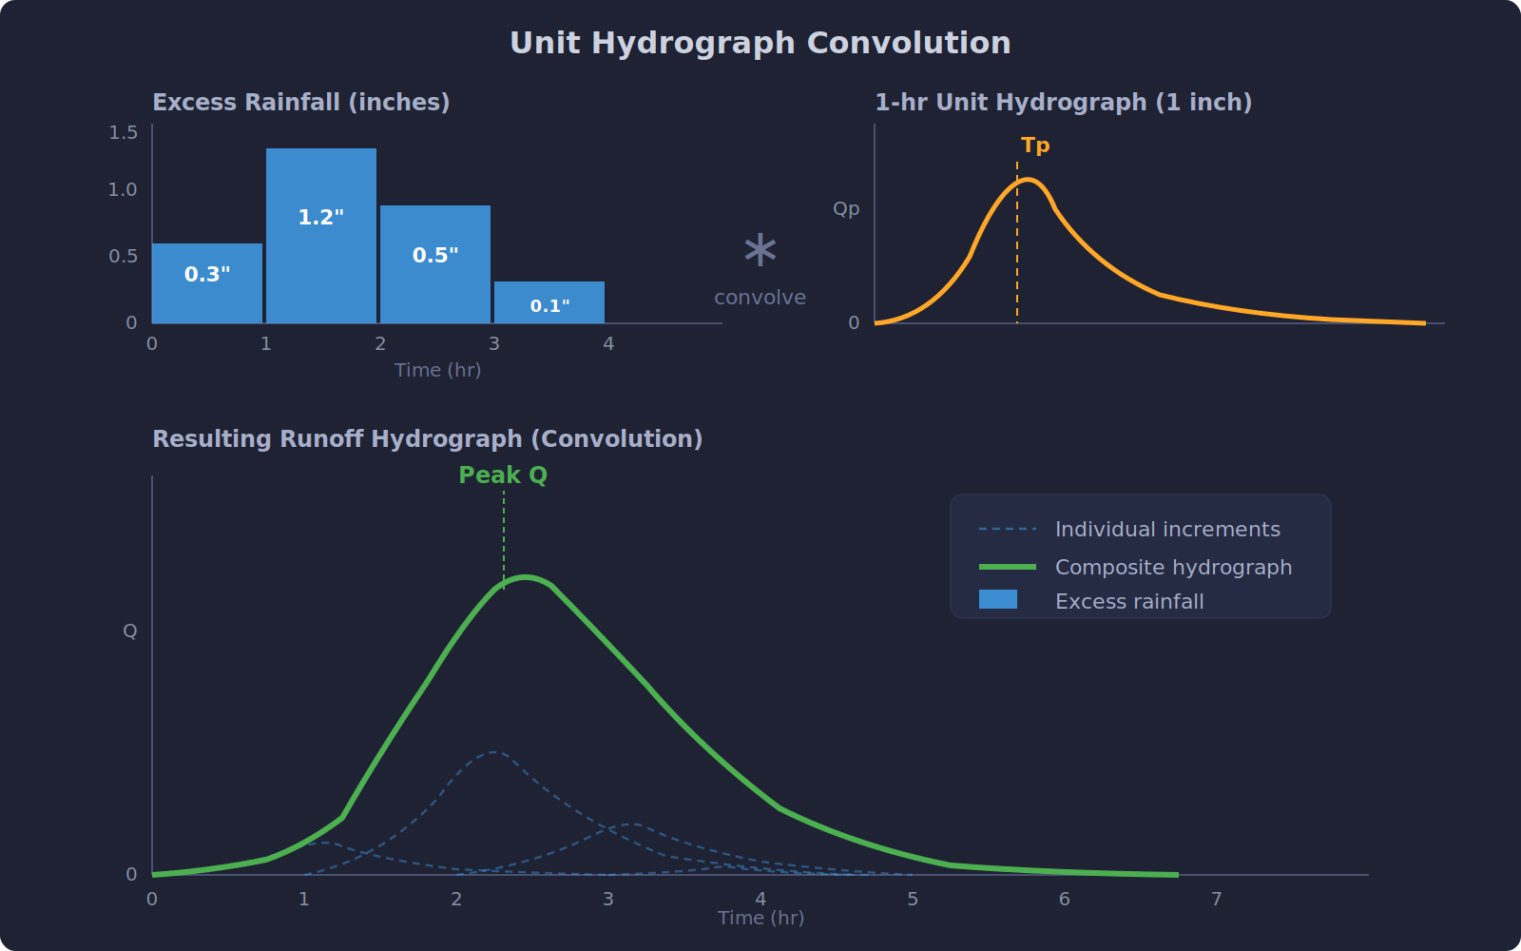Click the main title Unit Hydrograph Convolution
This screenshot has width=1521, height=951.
point(760,43)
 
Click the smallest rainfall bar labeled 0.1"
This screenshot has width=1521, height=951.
point(549,302)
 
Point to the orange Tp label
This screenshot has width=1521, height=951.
point(1035,146)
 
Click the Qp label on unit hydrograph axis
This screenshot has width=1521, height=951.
point(846,208)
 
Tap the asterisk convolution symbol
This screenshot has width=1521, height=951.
point(760,251)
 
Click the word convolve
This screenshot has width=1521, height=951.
point(760,298)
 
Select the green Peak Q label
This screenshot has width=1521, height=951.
point(503,475)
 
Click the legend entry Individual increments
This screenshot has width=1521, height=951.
point(1167,530)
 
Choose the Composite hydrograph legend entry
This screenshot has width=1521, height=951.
point(1173,568)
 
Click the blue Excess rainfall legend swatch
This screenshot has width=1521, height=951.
point(998,599)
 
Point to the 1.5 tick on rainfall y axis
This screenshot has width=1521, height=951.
point(124,132)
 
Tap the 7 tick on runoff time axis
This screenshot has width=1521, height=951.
point(1216,899)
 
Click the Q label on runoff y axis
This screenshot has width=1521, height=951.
point(130,631)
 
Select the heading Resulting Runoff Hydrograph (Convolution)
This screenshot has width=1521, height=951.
point(427,438)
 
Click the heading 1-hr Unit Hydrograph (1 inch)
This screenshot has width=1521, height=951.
point(1063,103)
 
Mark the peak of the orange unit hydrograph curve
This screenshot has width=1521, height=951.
point(1029,179)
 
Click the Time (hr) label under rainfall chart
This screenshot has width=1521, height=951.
point(437,370)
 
